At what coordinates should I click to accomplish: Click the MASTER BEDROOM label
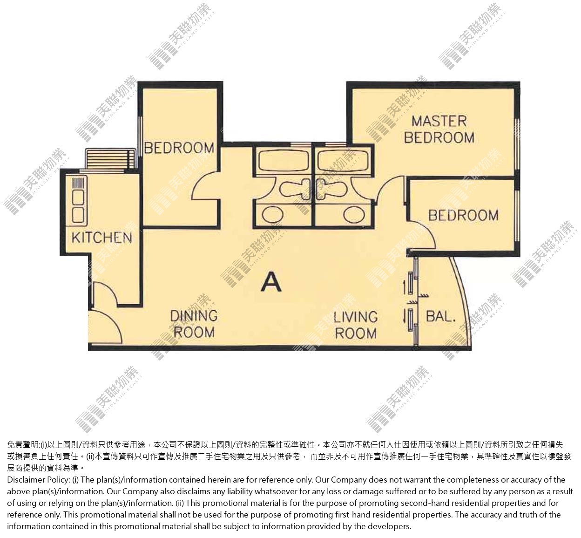439,129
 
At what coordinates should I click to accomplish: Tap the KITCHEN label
102,238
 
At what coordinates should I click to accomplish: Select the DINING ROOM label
194,324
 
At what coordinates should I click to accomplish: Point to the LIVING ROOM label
356,325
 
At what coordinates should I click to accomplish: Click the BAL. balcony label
441,316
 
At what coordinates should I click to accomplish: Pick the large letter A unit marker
271,282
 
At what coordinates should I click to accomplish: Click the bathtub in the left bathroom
284,160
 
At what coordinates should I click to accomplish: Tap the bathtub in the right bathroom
343,160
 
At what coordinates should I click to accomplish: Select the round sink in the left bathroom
273,215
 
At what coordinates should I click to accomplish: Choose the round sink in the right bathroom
354,215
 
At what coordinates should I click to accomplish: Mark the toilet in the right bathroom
332,189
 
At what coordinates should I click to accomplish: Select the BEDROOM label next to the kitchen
179,148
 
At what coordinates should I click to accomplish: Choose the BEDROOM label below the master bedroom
463,216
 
